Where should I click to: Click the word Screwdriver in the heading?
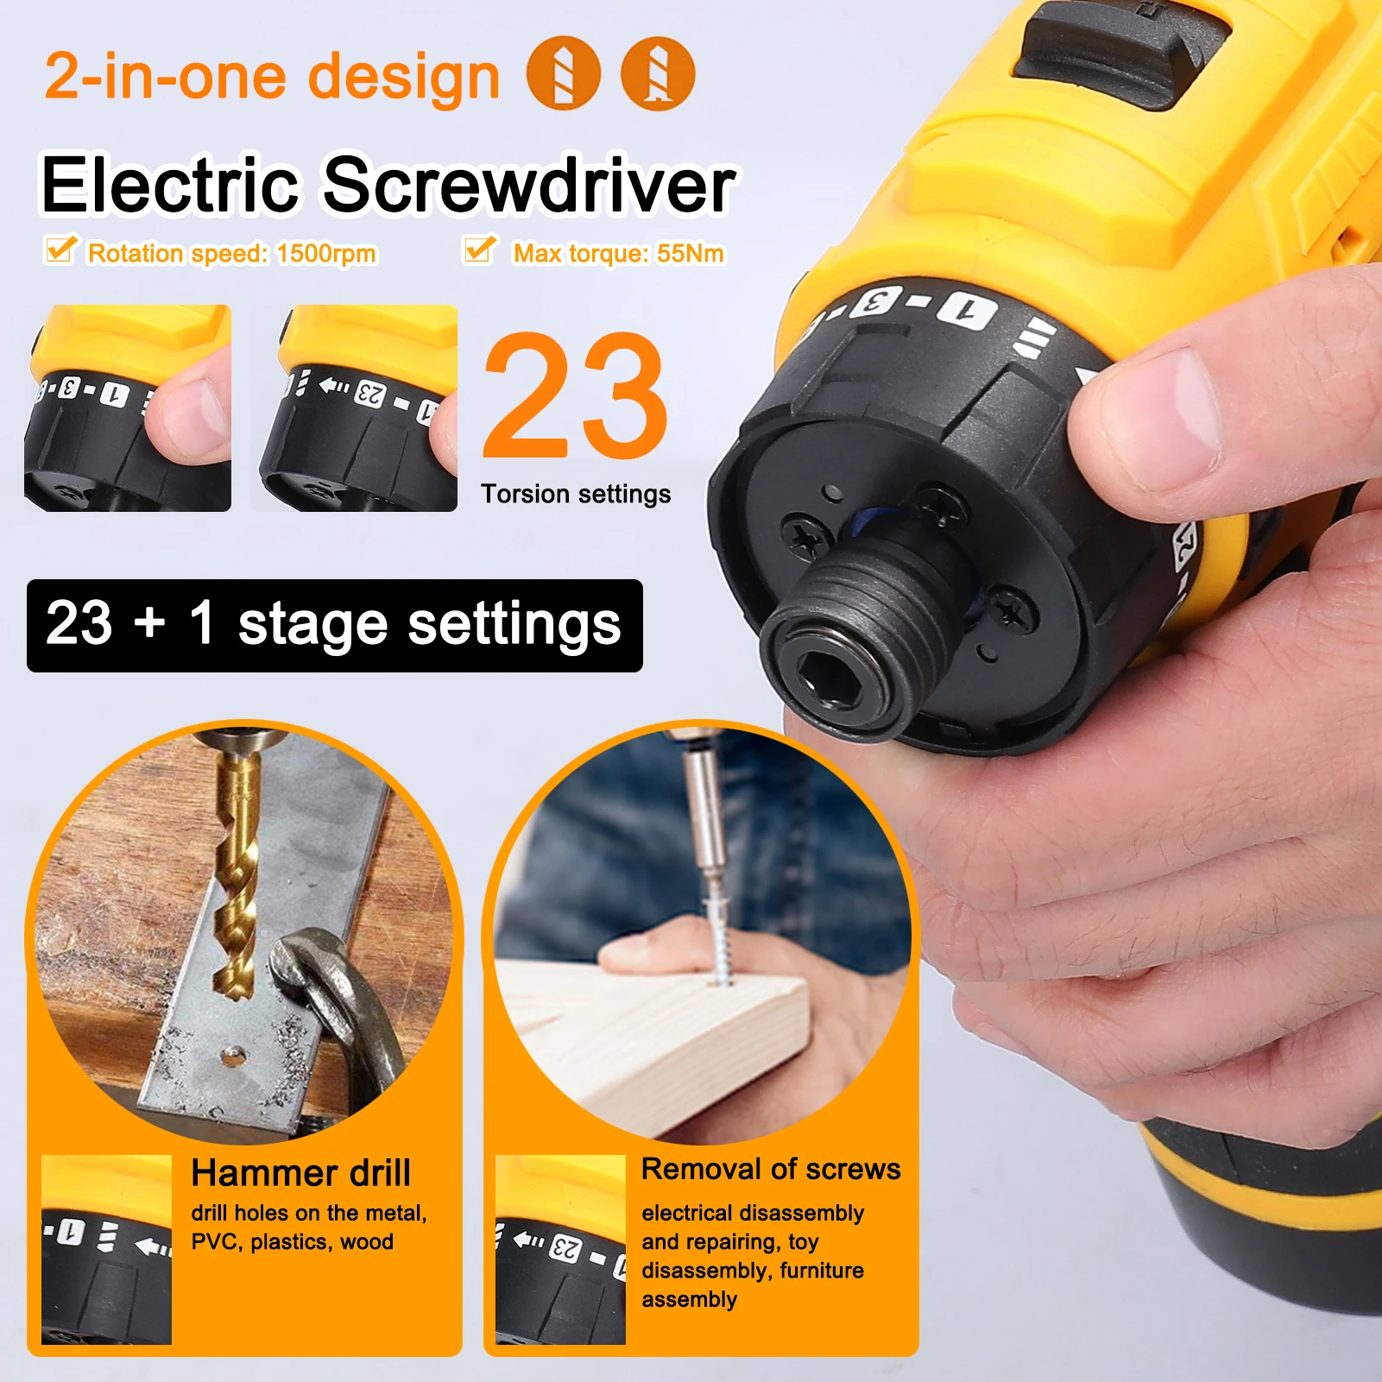(529, 185)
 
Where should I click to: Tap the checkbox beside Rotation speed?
(60, 249)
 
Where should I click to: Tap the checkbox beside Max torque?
(479, 249)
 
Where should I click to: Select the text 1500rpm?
(326, 254)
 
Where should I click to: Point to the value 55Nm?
(690, 254)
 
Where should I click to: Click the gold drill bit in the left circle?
(236, 872)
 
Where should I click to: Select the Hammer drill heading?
(300, 1173)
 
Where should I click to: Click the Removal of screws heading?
(771, 1169)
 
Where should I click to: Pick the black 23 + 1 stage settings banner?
(334, 625)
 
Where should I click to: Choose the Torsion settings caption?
(576, 494)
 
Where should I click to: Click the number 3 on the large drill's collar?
(875, 303)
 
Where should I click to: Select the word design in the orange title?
(404, 76)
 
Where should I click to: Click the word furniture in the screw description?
(821, 1271)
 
